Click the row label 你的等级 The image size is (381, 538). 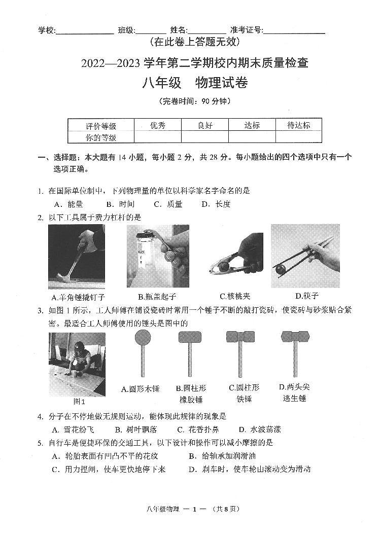coord(101,137)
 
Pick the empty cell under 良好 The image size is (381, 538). coord(204,137)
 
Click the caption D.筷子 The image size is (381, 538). coord(307,296)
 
